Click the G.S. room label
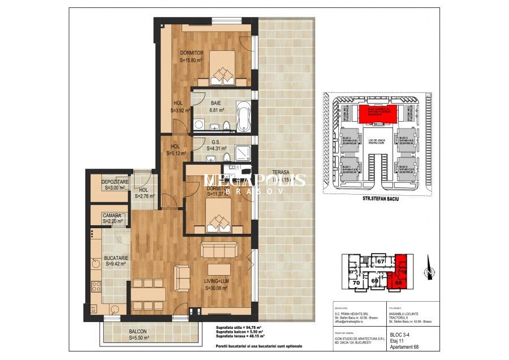215,143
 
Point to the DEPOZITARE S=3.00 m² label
115,185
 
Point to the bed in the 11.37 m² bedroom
220,217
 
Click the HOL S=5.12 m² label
175,149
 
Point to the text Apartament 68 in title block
406,346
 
